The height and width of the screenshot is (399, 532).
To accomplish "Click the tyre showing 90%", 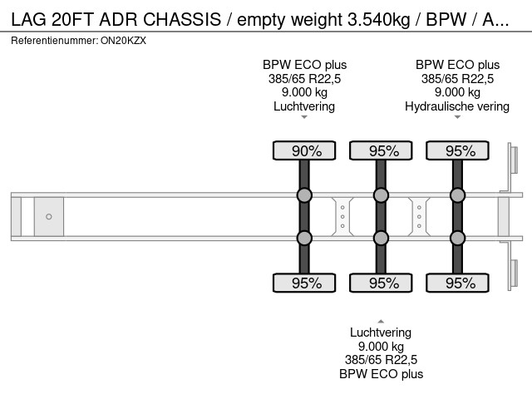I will click(304, 150).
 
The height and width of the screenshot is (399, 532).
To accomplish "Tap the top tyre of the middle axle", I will click(381, 150).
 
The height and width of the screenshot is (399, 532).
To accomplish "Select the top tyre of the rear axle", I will click(457, 150).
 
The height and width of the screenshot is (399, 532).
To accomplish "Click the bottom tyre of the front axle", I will click(304, 283).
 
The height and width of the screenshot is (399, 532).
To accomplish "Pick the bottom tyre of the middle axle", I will click(381, 283).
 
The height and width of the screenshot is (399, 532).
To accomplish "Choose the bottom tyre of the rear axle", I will click(457, 283).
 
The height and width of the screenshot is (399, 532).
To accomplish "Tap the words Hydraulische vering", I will click(457, 106).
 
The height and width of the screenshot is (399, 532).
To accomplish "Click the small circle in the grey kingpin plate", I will click(49, 217).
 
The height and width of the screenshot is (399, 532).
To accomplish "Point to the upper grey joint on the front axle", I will click(304, 196).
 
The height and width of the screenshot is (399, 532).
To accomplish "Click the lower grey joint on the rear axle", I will click(457, 238).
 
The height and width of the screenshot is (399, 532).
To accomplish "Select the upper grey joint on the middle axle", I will click(381, 196).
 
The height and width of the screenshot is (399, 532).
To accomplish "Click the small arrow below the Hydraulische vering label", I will click(457, 118).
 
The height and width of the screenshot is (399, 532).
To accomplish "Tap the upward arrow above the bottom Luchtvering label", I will click(381, 321).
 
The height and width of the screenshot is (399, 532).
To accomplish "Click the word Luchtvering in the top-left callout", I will click(304, 106).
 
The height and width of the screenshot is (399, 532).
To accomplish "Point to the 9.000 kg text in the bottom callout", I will click(381, 347).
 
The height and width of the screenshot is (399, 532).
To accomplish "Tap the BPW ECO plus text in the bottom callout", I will click(381, 374).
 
